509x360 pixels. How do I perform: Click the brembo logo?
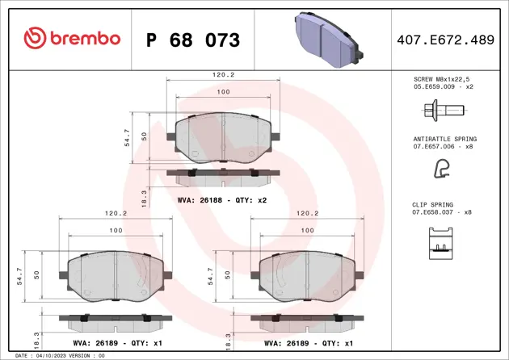pos(72,39)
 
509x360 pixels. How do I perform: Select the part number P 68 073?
pos(193,40)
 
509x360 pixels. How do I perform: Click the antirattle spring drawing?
pos(442,167)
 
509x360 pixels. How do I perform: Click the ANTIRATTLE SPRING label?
pos(444,139)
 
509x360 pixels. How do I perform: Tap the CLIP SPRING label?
pos(432,205)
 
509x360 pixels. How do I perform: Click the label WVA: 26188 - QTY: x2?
pos(221,199)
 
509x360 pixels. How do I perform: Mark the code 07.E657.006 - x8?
pos(442,146)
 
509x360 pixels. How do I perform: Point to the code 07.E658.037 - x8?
pos(442,212)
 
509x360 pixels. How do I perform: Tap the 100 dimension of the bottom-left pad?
pos(115,230)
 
